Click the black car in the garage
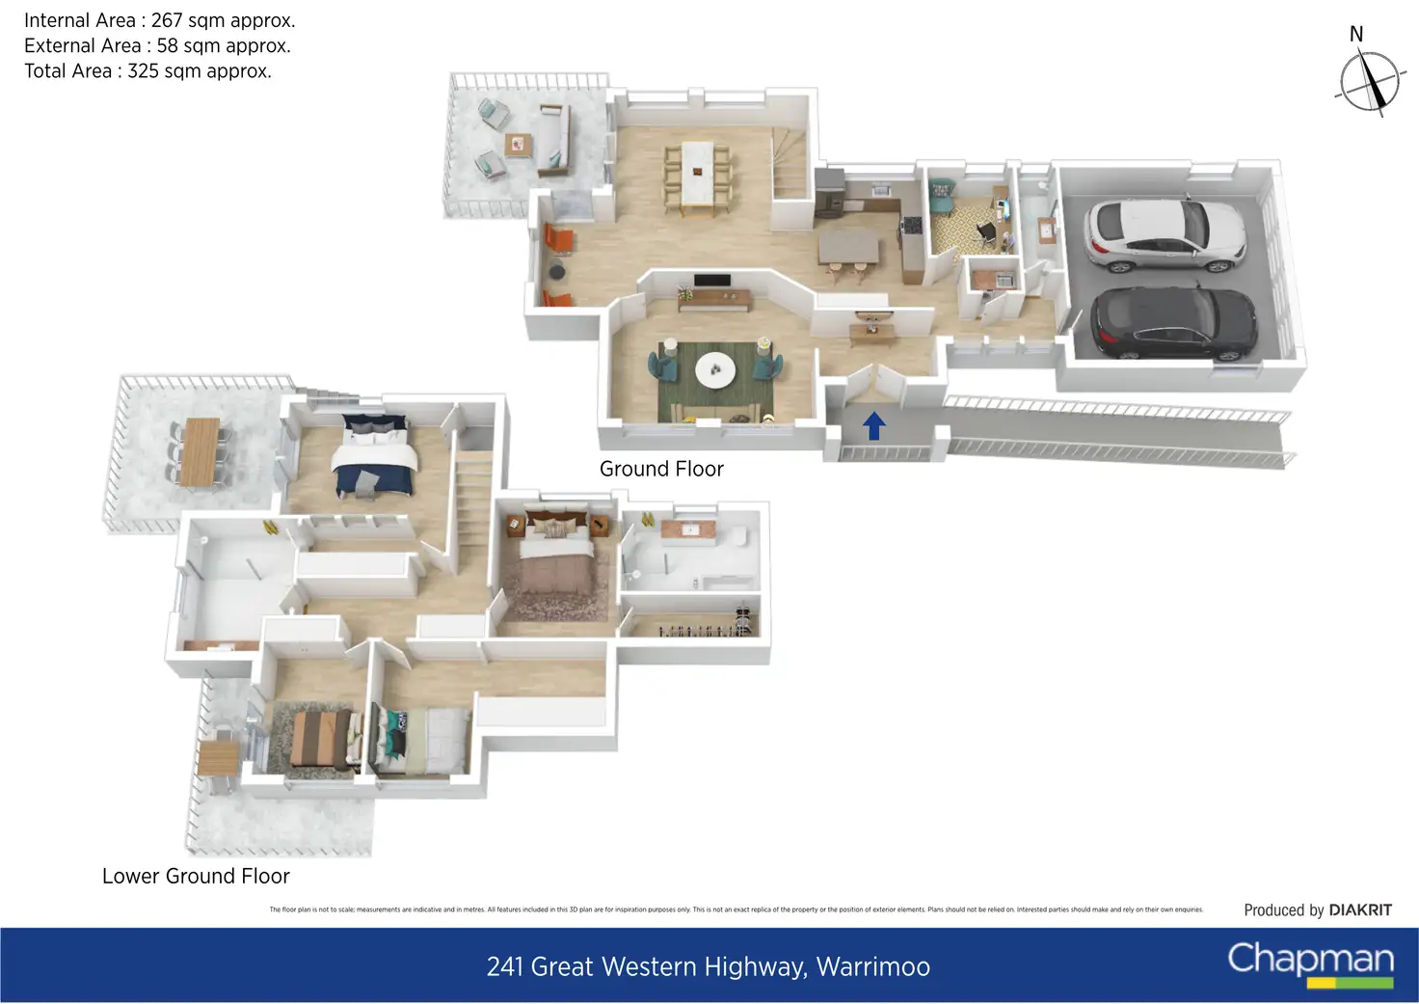point(1173,323)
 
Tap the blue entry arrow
point(873,425)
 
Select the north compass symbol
point(1369,81)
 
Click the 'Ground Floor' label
point(661,469)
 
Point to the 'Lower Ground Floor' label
point(196,876)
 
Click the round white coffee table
point(715,369)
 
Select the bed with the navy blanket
point(375,458)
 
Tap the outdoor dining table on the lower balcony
point(201,450)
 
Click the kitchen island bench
point(848,245)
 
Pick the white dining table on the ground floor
point(696,174)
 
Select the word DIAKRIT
point(1360,909)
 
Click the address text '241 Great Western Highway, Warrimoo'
point(709,966)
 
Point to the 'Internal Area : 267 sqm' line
point(160,20)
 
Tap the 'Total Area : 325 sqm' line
point(147,70)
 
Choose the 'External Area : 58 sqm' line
point(157,45)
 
